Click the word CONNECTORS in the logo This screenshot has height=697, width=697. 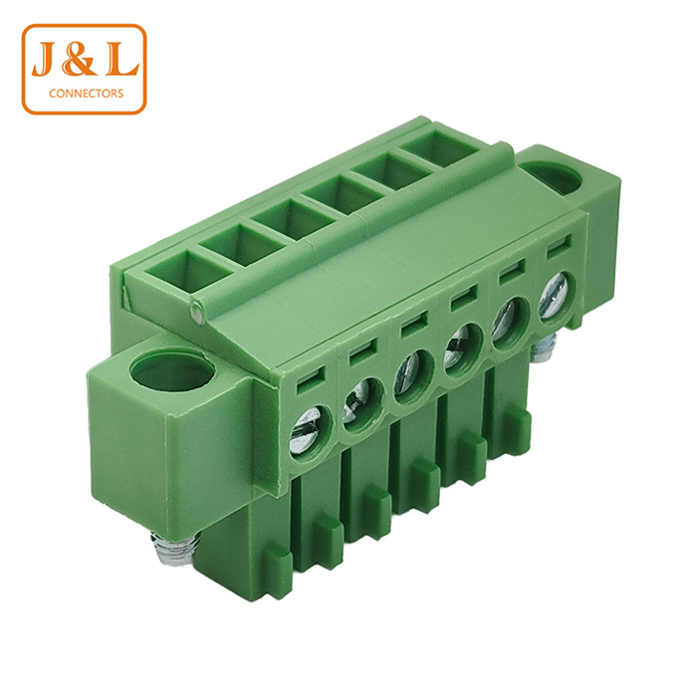[x=85, y=94]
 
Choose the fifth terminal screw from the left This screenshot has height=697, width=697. [x=507, y=328]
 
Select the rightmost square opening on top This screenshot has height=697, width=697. [x=439, y=152]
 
